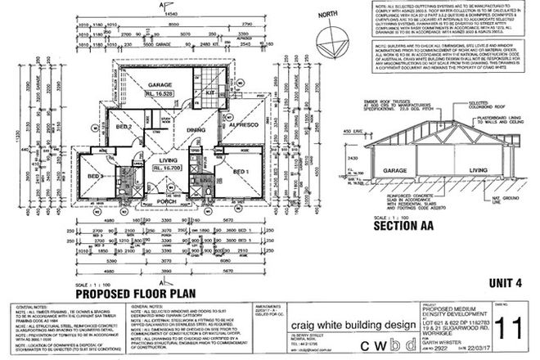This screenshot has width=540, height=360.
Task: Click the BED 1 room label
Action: (x=241, y=172)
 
